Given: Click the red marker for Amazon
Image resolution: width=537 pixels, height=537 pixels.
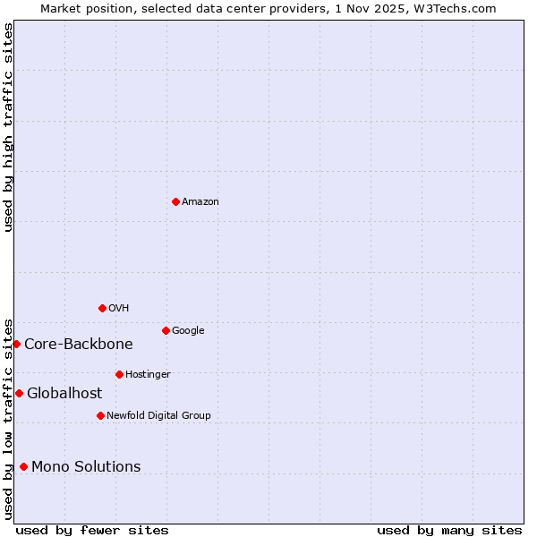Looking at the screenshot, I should [x=175, y=201].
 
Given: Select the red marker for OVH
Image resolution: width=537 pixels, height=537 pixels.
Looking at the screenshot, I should [x=102, y=308].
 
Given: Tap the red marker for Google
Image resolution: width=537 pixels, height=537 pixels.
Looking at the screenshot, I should [x=166, y=330].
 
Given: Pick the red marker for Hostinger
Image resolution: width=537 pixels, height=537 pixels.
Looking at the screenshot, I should [x=119, y=374].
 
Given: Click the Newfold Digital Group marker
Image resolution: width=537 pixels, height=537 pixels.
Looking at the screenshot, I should [x=100, y=415].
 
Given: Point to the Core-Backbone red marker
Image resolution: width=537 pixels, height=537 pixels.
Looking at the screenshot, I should [x=16, y=344].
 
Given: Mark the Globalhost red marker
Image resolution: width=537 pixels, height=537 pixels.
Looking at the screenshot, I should [x=19, y=393].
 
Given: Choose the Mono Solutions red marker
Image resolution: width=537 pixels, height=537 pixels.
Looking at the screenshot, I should [x=23, y=466].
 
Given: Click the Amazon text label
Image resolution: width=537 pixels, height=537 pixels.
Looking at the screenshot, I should [x=200, y=201].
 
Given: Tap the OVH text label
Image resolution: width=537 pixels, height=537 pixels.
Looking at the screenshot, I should [x=119, y=308].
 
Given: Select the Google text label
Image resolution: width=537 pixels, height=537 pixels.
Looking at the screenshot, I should [x=188, y=330].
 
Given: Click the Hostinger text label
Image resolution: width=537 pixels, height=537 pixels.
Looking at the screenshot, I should [x=148, y=374].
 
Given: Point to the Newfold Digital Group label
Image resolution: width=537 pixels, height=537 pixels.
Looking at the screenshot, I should [x=158, y=415].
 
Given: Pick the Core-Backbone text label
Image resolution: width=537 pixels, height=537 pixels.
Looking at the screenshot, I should [x=79, y=344].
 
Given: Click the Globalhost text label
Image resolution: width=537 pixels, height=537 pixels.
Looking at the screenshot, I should [x=64, y=393].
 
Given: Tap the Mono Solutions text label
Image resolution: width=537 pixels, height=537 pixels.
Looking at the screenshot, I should [x=86, y=466].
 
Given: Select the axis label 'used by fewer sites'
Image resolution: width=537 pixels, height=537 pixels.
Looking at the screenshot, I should [x=92, y=530].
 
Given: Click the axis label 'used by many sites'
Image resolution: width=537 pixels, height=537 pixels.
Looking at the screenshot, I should [x=449, y=530].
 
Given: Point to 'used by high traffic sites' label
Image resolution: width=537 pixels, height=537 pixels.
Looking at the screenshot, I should [x=8, y=127].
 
